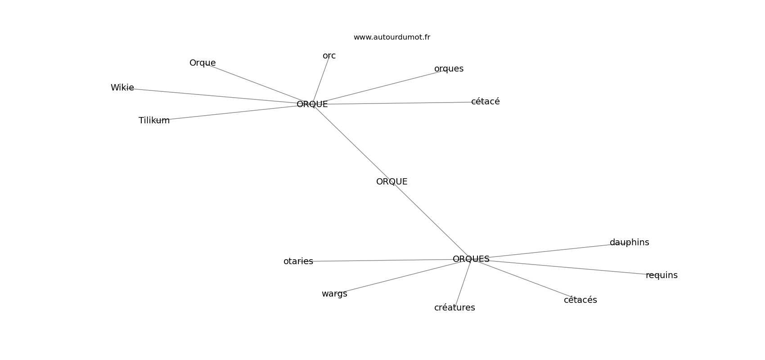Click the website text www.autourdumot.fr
tap(391, 37)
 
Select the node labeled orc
tap(329, 56)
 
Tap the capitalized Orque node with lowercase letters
tap(202, 63)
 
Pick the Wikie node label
tap(122, 88)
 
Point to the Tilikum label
tap(154, 121)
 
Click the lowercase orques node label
tap(449, 69)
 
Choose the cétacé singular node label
tap(485, 102)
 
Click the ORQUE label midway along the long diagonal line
tap(391, 182)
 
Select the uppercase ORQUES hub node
tap(471, 259)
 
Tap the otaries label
tap(298, 261)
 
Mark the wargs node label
tap(334, 294)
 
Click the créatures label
tap(454, 308)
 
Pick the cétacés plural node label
tap(580, 300)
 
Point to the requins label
tap(661, 275)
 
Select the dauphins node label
tap(629, 243)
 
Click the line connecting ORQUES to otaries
tap(382, 260)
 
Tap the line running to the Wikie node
tap(216, 96)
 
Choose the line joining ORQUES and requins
tap(567, 267)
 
